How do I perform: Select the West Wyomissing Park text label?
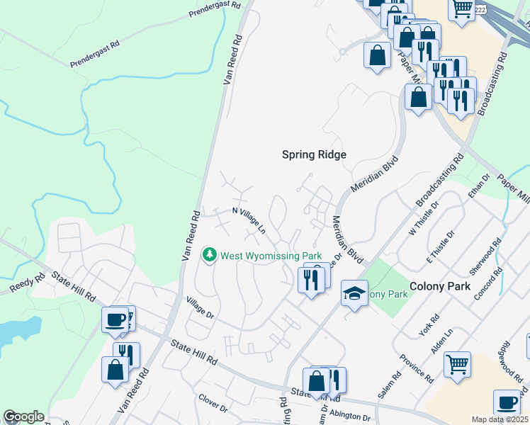[x=271, y=256]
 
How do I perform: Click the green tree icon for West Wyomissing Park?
[x=209, y=254]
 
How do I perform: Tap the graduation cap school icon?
[x=353, y=293]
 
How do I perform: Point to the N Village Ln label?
[x=249, y=219]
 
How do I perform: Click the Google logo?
[x=23, y=416]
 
